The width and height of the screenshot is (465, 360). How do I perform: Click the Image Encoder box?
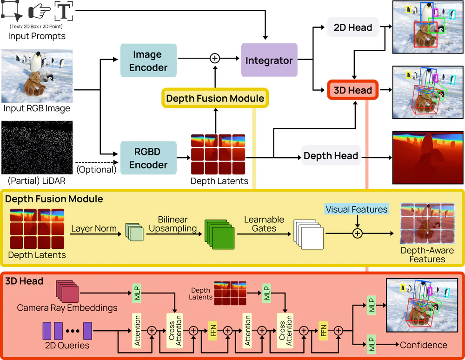tap(148, 61)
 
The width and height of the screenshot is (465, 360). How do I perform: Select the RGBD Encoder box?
tap(148, 158)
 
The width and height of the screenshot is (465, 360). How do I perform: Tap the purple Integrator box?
tap(269, 60)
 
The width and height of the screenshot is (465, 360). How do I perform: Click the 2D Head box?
tap(353, 27)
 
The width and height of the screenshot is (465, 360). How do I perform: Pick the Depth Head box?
tap(331, 156)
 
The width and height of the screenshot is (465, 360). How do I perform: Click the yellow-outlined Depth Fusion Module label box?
tap(215, 98)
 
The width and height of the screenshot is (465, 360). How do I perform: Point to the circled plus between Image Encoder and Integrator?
tap(214, 58)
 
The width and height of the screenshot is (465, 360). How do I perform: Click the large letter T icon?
tap(64, 11)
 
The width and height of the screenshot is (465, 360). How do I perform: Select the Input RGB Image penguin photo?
tap(37, 76)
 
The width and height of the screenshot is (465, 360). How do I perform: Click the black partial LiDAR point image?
tap(37, 147)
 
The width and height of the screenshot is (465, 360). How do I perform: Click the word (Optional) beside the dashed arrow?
tap(96, 169)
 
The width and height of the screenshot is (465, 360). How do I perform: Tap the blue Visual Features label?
tap(356, 209)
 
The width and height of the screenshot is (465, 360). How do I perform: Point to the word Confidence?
tap(423, 345)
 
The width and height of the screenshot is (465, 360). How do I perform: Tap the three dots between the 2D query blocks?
tap(73, 331)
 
